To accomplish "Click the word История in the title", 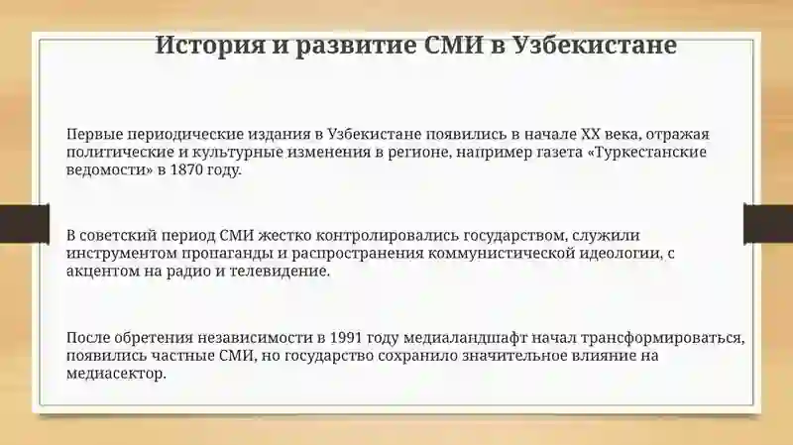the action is pos(210,46).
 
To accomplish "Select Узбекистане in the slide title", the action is pos(595,46).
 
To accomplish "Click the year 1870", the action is pos(187,169).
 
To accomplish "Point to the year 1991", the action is pos(346,338).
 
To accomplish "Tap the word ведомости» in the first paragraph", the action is pos(109,169).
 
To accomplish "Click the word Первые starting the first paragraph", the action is pos(94,135).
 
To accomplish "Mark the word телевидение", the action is pos(280,271).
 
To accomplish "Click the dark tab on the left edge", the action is pos(24,223).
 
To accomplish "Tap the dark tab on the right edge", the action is pos(768,223).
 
